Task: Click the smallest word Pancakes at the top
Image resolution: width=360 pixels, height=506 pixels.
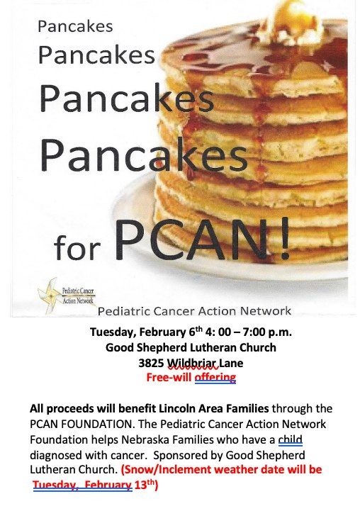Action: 75,26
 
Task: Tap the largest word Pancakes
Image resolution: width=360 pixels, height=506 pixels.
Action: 144,152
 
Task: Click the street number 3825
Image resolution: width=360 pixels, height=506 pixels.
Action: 151,362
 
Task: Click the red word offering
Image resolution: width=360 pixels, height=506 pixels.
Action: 214,377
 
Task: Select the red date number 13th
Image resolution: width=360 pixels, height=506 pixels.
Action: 145,485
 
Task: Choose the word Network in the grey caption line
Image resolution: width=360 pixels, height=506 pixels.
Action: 263,311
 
